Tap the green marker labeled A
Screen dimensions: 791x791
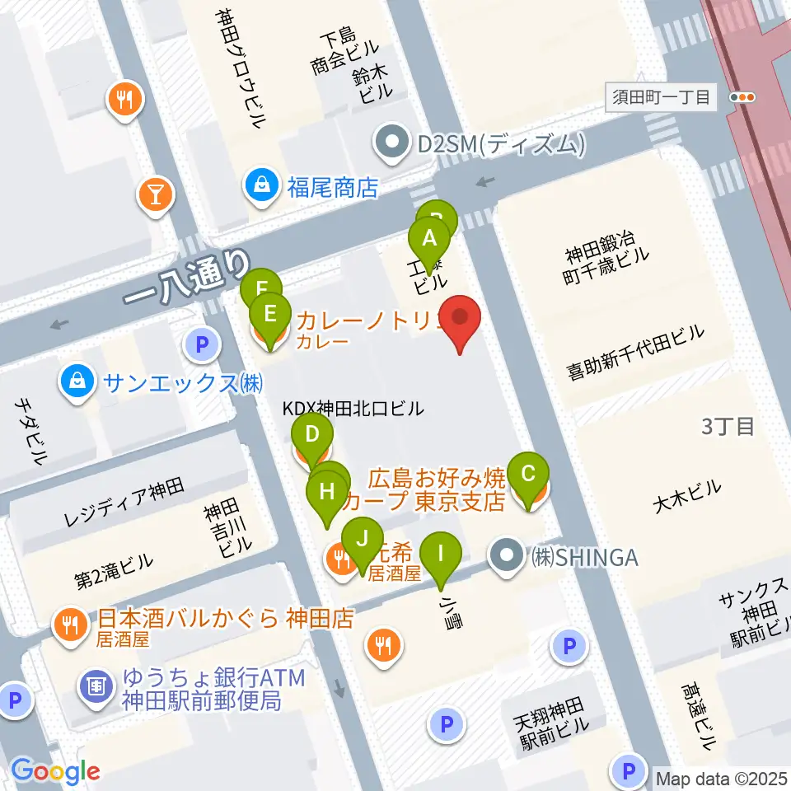(429, 239)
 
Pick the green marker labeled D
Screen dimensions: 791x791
(312, 434)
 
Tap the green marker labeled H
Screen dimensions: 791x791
(327, 494)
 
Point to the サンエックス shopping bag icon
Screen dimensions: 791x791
(77, 381)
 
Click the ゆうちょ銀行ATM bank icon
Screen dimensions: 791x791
(96, 685)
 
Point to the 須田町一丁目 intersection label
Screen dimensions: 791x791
(662, 97)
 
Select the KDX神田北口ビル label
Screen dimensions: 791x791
(353, 408)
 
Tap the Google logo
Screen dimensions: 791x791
(55, 771)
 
